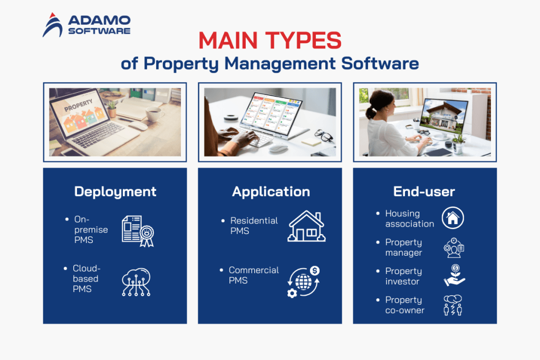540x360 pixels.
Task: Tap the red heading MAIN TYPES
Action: tap(269, 41)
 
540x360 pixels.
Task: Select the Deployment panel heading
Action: tap(115, 191)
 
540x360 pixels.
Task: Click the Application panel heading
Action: tap(271, 191)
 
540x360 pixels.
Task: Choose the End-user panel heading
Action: tap(424, 191)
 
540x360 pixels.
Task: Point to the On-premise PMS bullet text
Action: tap(90, 230)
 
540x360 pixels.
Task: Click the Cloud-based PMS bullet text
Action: tap(86, 279)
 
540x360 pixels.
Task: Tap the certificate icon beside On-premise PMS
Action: tap(137, 231)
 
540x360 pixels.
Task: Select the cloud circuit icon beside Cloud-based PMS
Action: tap(136, 282)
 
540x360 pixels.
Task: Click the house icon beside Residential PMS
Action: tap(306, 226)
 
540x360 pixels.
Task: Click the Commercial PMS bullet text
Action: tap(254, 275)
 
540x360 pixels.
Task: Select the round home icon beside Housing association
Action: tap(453, 218)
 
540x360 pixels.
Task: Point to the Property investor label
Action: tap(403, 276)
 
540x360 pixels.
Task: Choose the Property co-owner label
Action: tap(404, 305)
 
